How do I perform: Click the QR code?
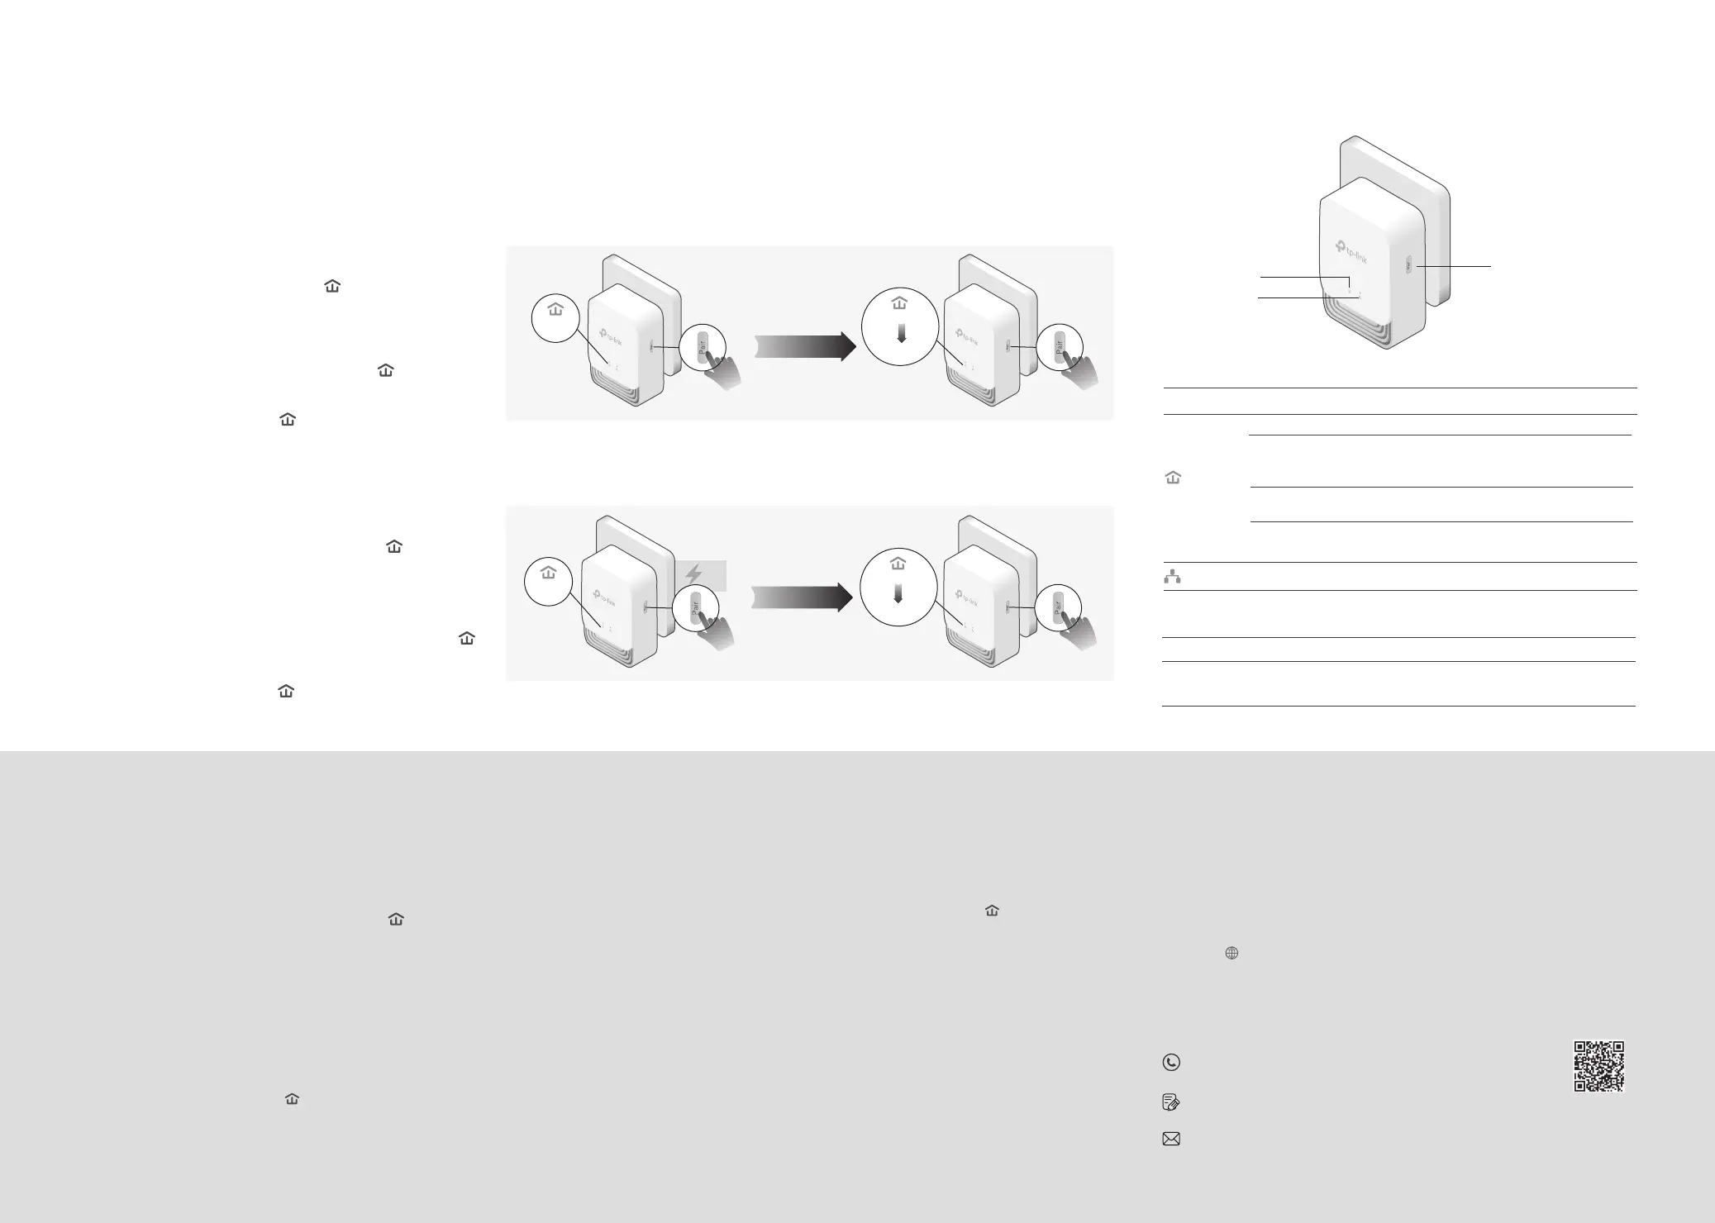click(x=1598, y=1066)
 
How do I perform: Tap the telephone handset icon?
click(x=1171, y=1063)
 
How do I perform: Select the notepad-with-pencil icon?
click(x=1171, y=1102)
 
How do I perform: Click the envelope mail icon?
click(x=1171, y=1139)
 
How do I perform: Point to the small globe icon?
click(x=1231, y=953)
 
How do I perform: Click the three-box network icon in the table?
click(x=1172, y=577)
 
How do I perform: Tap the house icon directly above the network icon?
click(x=1172, y=478)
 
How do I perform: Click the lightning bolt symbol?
click(x=694, y=574)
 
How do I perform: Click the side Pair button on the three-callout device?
click(x=1408, y=266)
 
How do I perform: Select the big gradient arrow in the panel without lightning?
click(x=806, y=346)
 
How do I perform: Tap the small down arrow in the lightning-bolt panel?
click(x=898, y=594)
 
